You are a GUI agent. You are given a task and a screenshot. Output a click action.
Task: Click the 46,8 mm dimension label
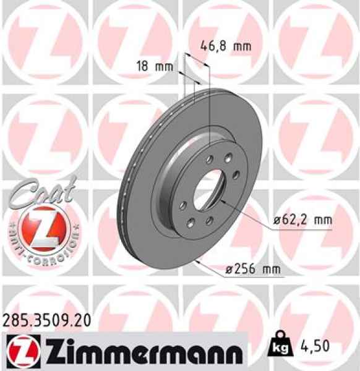pos(226,45)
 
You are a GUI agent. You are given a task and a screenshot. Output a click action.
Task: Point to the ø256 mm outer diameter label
pos(252,269)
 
